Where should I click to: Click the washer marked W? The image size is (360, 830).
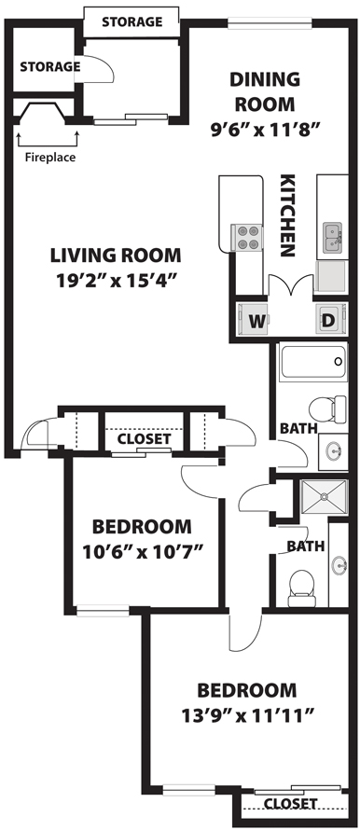(254, 319)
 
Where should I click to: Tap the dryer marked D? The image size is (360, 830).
(331, 319)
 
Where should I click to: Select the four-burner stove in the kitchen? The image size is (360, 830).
(247, 238)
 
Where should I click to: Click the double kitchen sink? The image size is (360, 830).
(332, 237)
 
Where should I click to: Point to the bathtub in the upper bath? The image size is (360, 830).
(312, 362)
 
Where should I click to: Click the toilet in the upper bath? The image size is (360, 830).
(327, 409)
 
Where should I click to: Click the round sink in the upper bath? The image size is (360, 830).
(334, 451)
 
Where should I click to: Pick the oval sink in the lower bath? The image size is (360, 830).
(339, 565)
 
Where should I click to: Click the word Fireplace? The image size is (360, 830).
(50, 158)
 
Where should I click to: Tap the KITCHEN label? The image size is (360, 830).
(287, 215)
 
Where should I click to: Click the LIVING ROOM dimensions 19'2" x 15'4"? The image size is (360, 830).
(116, 280)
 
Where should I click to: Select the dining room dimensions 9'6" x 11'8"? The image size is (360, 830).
(265, 129)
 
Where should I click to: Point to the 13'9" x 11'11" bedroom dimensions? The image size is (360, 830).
(248, 716)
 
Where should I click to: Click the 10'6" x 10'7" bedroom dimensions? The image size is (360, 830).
(143, 552)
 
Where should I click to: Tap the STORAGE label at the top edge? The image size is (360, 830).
(132, 21)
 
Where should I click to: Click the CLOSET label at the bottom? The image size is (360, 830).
(291, 804)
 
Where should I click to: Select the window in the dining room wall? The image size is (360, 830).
(270, 21)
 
